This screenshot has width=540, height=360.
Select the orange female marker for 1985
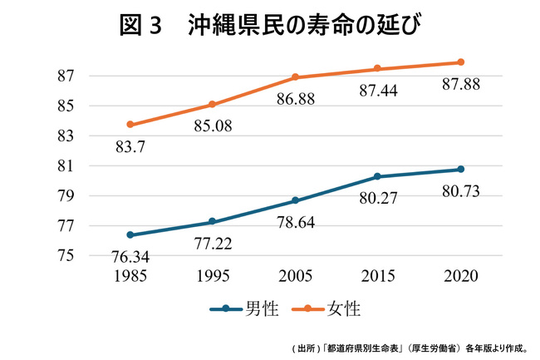point(130,125)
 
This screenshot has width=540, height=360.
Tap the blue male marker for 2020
point(461,170)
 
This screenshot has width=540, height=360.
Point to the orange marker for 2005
point(296,77)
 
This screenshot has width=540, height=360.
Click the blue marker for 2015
point(378,176)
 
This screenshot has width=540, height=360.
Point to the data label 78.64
point(296,222)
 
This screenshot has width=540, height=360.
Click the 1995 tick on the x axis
point(213,275)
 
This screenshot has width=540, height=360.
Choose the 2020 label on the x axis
point(461,275)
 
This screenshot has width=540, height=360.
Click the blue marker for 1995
point(213,222)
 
